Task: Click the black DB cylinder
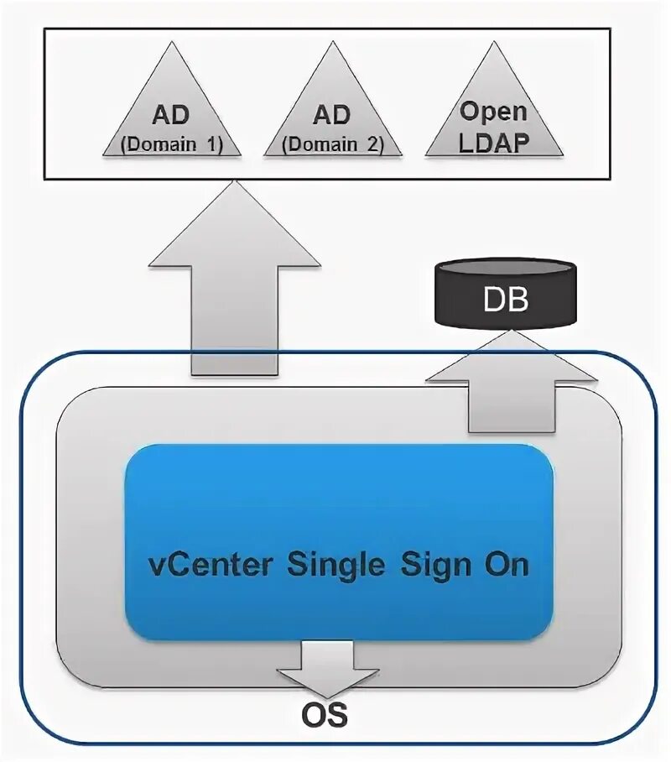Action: (x=506, y=294)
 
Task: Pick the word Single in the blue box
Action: (x=336, y=564)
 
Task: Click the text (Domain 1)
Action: (x=171, y=144)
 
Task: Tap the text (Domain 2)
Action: (x=333, y=144)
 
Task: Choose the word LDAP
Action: (x=494, y=140)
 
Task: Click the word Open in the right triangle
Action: (x=494, y=111)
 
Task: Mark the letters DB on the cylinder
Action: (x=506, y=300)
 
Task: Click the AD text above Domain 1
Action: (x=171, y=115)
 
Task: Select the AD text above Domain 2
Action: (x=333, y=115)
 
